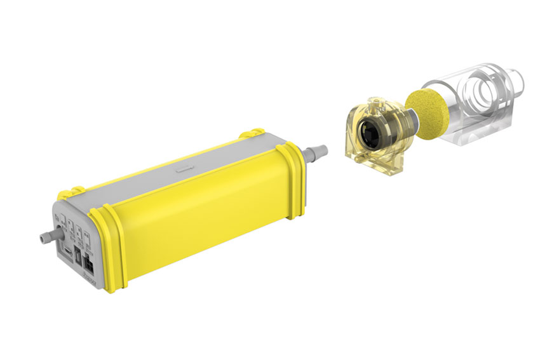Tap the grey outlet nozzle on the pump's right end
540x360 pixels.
(316, 153)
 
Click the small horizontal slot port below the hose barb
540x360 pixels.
(66, 251)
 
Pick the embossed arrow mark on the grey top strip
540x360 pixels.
(185, 170)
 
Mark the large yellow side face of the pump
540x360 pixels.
(203, 216)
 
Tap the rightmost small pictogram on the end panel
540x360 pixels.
(89, 236)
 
